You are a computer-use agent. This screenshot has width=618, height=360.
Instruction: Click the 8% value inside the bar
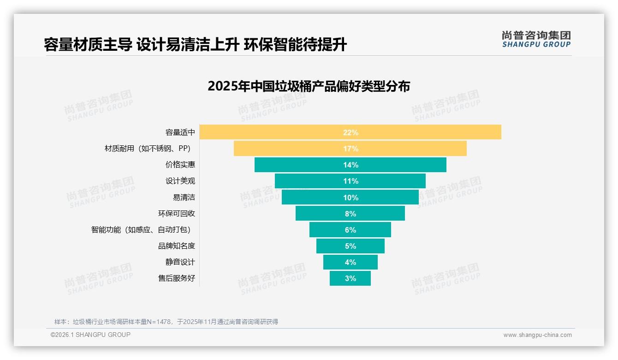[350, 214]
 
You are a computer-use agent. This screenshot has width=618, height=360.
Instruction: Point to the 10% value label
[350, 198]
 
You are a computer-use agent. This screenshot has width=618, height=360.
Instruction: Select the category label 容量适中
[180, 132]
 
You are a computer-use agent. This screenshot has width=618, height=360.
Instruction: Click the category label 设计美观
[180, 181]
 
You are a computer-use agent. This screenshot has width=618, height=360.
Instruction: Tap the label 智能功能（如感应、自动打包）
[141, 230]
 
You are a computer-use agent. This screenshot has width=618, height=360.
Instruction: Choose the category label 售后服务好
[177, 278]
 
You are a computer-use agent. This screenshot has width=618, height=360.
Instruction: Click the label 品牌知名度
[177, 246]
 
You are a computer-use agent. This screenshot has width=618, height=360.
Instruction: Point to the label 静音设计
[180, 262]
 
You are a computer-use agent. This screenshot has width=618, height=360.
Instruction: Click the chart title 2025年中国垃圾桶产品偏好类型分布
[309, 86]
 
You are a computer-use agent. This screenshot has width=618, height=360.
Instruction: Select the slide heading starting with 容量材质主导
[195, 45]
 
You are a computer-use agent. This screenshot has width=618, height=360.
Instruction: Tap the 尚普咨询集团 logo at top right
[536, 39]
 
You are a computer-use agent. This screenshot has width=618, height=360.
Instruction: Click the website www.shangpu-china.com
[537, 335]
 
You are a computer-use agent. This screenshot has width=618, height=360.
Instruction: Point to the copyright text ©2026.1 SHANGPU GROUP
[90, 335]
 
